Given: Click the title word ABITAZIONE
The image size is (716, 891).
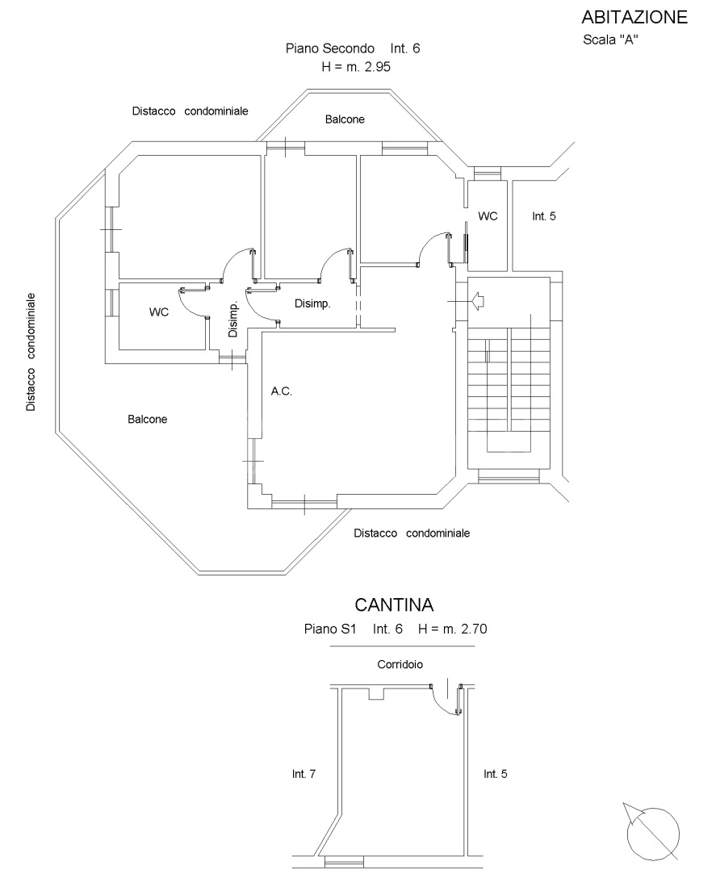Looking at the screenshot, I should [x=634, y=17].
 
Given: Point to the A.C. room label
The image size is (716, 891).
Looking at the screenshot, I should [x=281, y=391].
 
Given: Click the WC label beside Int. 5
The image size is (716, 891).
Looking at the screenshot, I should [x=488, y=216].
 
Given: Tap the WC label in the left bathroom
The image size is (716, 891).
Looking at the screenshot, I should [x=159, y=312].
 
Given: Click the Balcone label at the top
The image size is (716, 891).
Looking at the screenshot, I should [x=345, y=119].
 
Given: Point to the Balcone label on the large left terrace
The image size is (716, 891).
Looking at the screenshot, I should [x=147, y=420].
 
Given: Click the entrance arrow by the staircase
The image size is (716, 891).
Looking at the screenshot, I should [x=475, y=301].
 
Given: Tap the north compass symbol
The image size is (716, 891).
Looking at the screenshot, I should [x=651, y=830].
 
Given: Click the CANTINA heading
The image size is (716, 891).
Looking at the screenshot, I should [x=395, y=605].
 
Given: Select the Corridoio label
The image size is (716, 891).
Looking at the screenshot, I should [x=400, y=665].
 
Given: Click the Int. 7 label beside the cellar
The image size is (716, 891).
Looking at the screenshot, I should [x=304, y=774].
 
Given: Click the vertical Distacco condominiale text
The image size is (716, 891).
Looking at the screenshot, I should [x=31, y=352].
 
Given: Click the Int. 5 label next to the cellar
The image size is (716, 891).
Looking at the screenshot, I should [x=496, y=774].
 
